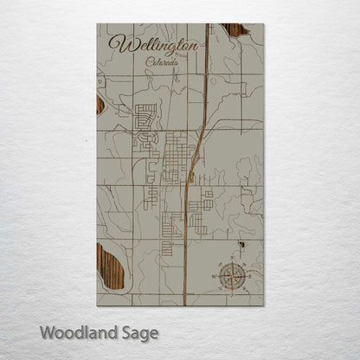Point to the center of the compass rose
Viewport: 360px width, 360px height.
tap(231, 276)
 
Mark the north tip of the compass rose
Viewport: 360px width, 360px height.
tap(231, 260)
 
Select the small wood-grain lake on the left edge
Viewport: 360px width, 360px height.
tap(100, 105)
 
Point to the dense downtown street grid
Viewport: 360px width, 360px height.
tap(179, 156)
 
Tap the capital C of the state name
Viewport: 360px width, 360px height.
tap(149, 61)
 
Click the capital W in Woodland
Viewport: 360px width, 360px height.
tap(48, 331)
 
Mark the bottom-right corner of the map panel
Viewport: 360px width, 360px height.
tap(264, 305)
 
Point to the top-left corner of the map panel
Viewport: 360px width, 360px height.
tap(97, 24)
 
